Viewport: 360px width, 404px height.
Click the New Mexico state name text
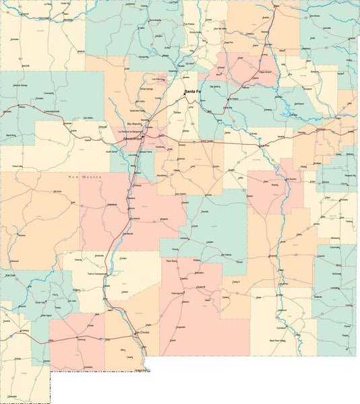(x=83, y=176)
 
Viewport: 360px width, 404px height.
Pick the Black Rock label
(x=11, y=135)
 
